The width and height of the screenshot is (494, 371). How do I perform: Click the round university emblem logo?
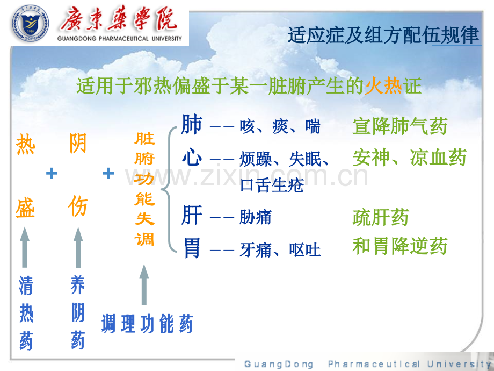tap(31, 23)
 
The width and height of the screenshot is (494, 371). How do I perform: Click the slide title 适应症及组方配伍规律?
tap(383, 35)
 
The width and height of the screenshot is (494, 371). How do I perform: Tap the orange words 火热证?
tap(393, 85)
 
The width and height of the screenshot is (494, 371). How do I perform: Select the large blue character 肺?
tap(192, 124)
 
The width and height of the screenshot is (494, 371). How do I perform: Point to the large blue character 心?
tap(192, 157)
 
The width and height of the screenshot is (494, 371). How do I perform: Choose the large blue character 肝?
tap(192, 215)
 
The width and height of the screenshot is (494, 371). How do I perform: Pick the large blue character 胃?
tap(192, 248)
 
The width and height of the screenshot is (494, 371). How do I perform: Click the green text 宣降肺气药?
tap(400, 126)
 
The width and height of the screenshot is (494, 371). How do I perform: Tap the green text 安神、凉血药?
tap(410, 157)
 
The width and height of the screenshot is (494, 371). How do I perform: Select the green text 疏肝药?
tap(381, 217)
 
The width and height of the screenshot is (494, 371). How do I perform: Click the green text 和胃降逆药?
tap(400, 246)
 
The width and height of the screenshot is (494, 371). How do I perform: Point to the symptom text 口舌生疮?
tap(272, 185)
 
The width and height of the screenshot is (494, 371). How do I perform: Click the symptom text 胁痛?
tap(255, 217)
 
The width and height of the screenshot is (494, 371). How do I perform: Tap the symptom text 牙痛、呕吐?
tap(280, 250)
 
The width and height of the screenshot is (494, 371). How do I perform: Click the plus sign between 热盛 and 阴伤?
tap(52, 173)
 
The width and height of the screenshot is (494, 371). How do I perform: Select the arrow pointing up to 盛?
tap(25, 247)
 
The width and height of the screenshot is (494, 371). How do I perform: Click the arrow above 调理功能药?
tap(144, 284)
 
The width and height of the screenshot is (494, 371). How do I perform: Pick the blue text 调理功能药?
tap(147, 323)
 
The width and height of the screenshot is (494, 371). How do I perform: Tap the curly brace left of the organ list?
tap(169, 189)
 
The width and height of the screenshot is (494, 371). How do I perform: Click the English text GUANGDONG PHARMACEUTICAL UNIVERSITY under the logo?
tap(120, 39)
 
